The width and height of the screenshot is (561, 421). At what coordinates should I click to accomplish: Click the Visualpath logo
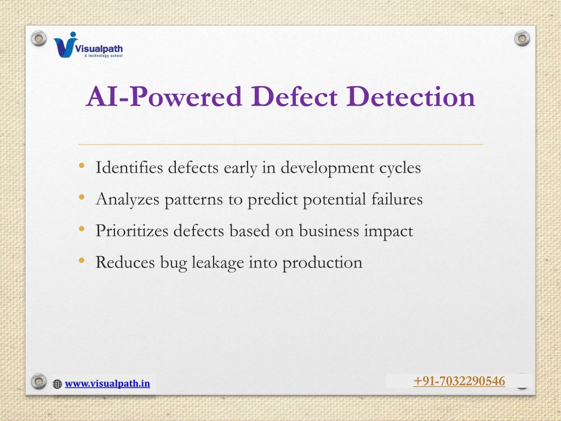pyautogui.click(x=88, y=45)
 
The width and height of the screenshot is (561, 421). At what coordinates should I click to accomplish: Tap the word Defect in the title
pyautogui.click(x=294, y=96)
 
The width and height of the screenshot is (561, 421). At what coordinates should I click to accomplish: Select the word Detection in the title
pyautogui.click(x=411, y=96)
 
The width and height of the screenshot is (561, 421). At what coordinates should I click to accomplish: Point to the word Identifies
pyautogui.click(x=129, y=167)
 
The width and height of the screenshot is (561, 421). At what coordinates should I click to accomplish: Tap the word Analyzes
pyautogui.click(x=127, y=200)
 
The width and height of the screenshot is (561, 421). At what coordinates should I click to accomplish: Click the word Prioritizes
pyautogui.click(x=132, y=231)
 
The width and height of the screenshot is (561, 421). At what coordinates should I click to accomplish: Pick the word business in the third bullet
pyautogui.click(x=329, y=230)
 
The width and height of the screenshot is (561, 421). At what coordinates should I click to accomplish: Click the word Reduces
pyautogui.click(x=125, y=262)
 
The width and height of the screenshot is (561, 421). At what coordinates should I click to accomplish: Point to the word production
pyautogui.click(x=322, y=263)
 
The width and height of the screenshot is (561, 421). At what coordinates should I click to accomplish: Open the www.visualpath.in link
pyautogui.click(x=107, y=383)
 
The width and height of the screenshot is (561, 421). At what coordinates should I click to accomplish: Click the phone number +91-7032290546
pyautogui.click(x=459, y=381)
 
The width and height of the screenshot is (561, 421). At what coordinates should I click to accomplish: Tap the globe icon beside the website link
pyautogui.click(x=57, y=384)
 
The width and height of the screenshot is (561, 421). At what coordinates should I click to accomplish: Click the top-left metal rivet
pyautogui.click(x=39, y=38)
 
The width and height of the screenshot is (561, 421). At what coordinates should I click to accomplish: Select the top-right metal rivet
pyautogui.click(x=522, y=38)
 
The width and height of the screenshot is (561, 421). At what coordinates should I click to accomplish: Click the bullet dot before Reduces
pyautogui.click(x=82, y=260)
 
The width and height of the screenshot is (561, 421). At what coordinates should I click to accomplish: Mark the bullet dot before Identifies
pyautogui.click(x=82, y=166)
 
